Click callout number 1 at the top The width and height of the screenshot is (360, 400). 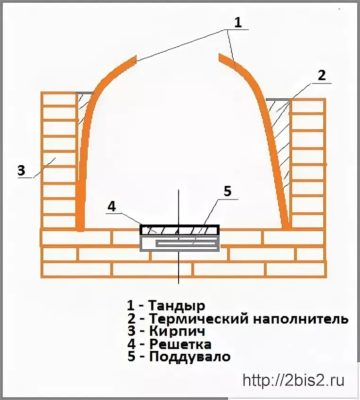(238, 22)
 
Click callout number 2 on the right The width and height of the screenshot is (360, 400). (321, 75)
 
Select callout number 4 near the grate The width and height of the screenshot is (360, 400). (112, 206)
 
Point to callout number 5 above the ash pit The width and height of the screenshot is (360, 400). (227, 191)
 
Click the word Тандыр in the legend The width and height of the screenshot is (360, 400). (177, 306)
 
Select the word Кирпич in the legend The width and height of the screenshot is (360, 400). (175, 332)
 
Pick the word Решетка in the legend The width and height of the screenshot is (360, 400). (180, 344)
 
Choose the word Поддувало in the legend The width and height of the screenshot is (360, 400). (190, 357)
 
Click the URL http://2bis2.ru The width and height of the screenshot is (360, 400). (293, 380)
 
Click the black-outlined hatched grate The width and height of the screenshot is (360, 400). (180, 230)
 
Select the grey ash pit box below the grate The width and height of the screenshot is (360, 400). (180, 243)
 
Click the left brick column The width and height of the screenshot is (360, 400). (59, 160)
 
